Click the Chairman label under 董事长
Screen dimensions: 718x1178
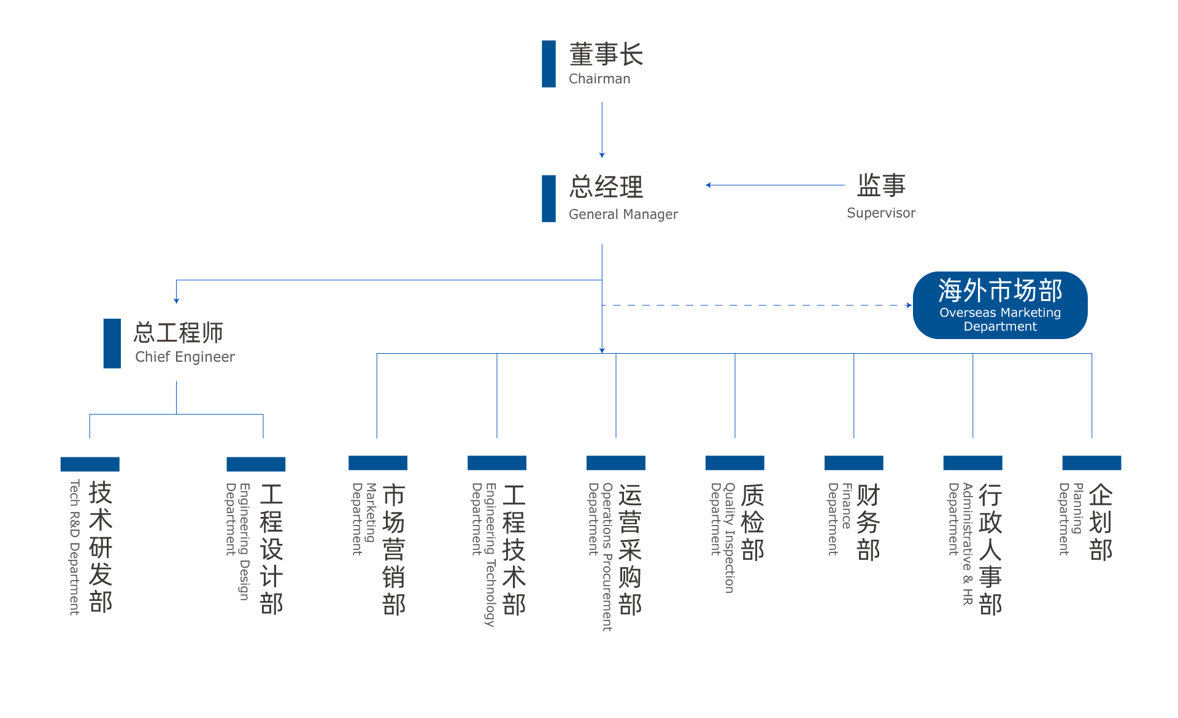point(599,78)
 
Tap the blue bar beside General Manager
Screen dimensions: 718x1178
point(549,199)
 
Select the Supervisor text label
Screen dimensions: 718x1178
point(880,213)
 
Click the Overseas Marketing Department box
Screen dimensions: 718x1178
point(1000,305)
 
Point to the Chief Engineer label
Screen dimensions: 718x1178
point(185,357)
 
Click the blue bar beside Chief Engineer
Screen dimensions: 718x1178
point(112,343)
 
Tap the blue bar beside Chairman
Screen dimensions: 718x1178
point(549,64)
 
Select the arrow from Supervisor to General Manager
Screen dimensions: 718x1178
point(774,185)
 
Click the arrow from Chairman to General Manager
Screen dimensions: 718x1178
point(602,129)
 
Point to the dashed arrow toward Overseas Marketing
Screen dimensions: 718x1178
point(755,305)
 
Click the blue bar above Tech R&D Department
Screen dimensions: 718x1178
point(90,464)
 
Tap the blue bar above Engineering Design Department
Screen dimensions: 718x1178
point(256,464)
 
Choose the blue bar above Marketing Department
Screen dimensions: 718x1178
point(377,463)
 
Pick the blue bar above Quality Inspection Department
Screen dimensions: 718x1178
point(734,463)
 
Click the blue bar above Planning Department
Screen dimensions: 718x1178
point(1091,463)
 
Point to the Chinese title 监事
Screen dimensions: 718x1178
point(881,185)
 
